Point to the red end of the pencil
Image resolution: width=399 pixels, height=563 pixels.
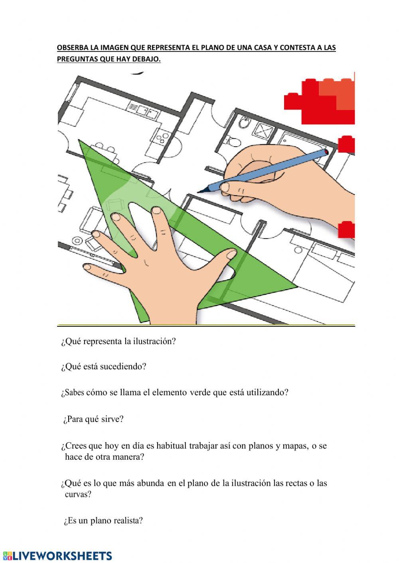326,152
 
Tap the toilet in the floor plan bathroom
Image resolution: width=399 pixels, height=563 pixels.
232,141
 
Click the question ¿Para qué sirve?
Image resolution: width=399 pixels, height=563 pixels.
93,419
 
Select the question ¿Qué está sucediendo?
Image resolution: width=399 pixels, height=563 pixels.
104,367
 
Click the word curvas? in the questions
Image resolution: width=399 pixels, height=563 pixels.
78,494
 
